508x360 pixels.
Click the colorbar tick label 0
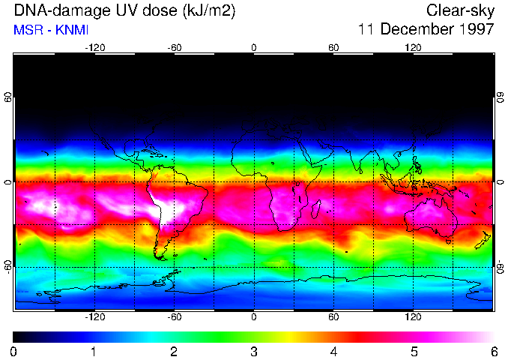(14, 351)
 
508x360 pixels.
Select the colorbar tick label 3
(254, 351)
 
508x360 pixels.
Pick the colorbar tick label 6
(493, 351)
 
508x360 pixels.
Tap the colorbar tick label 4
(333, 351)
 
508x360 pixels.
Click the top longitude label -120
(94, 47)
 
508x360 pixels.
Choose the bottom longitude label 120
(413, 317)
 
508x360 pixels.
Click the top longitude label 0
(254, 47)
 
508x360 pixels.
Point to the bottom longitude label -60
(174, 317)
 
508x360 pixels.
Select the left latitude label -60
(8, 265)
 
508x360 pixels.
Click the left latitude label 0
(8, 182)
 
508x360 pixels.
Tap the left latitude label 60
(8, 98)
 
